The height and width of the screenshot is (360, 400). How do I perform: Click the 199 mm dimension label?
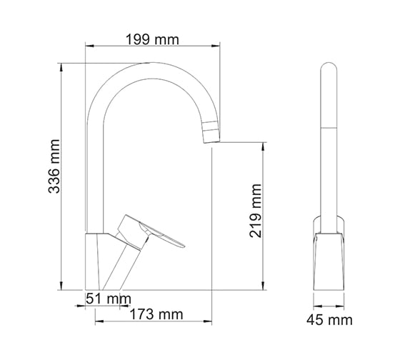tap(152, 40)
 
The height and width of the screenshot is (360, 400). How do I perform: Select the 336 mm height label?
tap(54, 166)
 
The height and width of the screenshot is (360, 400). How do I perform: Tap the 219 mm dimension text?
tap(256, 211)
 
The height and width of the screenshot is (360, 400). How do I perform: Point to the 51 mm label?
tap(109, 299)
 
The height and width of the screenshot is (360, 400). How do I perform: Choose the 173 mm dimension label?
tap(156, 314)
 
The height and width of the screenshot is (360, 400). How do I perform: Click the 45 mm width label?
tap(329, 320)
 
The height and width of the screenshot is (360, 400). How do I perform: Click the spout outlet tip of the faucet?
tap(211, 141)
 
